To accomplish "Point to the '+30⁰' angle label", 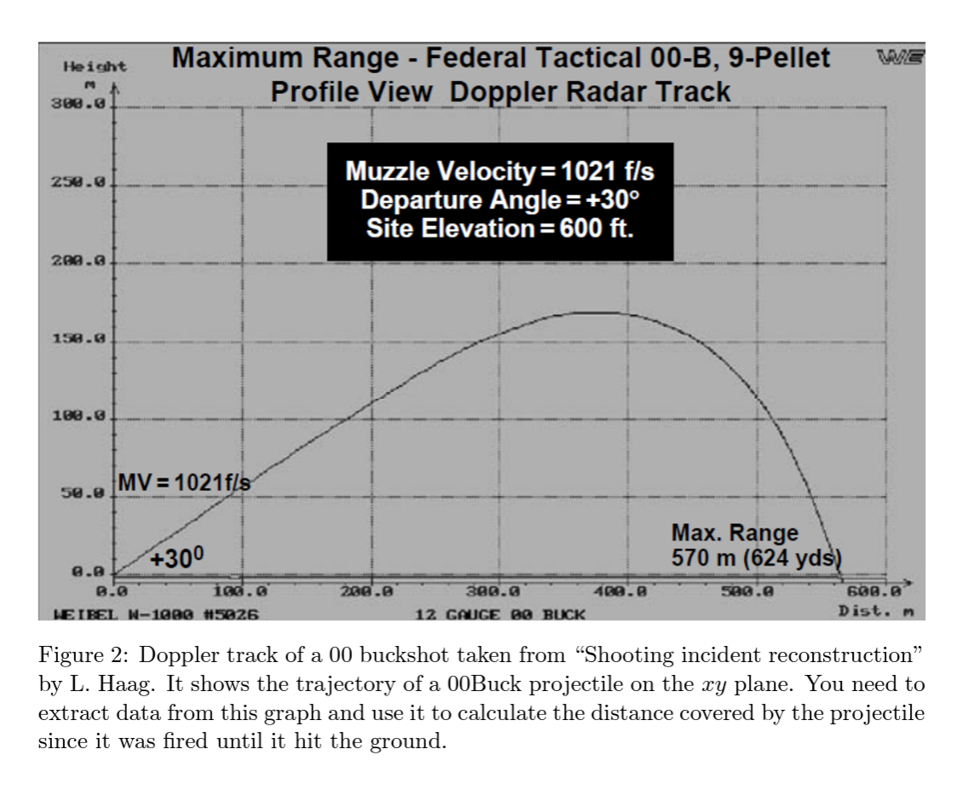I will (x=177, y=558).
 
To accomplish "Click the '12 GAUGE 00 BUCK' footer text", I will (x=501, y=612).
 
